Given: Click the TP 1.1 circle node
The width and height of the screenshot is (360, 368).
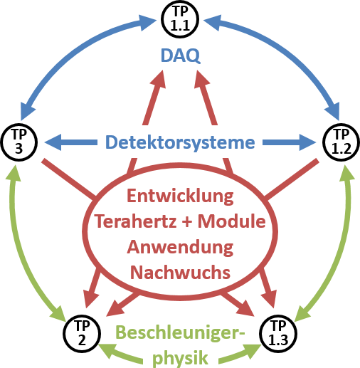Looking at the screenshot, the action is [180, 19].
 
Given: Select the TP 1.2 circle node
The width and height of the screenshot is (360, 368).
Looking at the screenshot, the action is [342, 142].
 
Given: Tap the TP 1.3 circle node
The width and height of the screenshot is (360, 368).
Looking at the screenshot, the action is [278, 334].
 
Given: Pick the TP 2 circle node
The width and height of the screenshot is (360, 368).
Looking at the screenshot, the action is [82, 334].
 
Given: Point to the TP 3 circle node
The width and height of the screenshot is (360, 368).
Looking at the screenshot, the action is [19, 142].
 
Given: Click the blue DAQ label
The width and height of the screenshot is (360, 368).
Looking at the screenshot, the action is [181, 56].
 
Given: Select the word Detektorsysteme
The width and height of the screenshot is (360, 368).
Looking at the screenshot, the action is [180, 142].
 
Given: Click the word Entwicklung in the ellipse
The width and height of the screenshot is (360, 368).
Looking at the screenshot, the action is [180, 196].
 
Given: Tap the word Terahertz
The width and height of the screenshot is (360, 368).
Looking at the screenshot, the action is [137, 221].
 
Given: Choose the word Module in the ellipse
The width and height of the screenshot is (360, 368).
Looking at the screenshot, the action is [232, 221].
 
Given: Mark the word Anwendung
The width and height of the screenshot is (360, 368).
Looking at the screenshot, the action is [180, 248].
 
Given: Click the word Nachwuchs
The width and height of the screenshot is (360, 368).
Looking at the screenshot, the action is [180, 273].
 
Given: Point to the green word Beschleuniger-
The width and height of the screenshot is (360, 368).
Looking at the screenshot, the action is [180, 332].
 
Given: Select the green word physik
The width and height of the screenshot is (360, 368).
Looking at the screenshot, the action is [180, 358].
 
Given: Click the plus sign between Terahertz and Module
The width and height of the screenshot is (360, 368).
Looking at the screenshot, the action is [188, 222].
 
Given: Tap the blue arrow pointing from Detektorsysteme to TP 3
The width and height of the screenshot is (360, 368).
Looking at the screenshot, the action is [71, 142].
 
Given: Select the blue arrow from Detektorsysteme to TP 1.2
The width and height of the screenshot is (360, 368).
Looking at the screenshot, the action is [290, 142].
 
